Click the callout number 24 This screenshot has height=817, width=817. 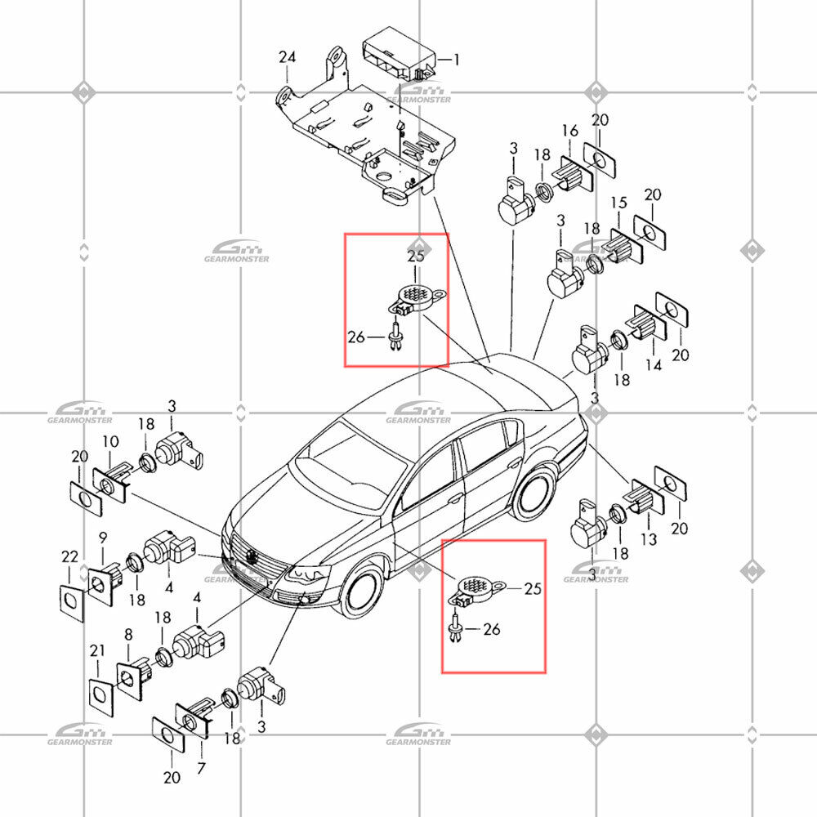pyautogui.click(x=287, y=57)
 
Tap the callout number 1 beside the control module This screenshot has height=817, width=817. pyautogui.click(x=457, y=60)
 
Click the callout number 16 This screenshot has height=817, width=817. pyautogui.click(x=570, y=131)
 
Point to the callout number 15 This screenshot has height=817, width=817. pyautogui.click(x=619, y=203)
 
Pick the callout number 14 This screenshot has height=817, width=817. pyautogui.click(x=654, y=364)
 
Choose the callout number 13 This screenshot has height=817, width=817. pyautogui.click(x=649, y=538)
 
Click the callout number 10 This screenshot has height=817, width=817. pyautogui.click(x=110, y=442)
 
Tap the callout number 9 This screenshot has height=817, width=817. pyautogui.click(x=103, y=538)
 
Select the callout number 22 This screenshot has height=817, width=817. pyautogui.click(x=69, y=557)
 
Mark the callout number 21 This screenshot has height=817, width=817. pyautogui.click(x=97, y=651)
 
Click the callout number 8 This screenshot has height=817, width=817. pyautogui.click(x=128, y=635)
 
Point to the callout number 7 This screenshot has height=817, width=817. pyautogui.click(x=201, y=767)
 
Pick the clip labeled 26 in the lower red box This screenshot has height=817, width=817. pyautogui.click(x=457, y=629)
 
